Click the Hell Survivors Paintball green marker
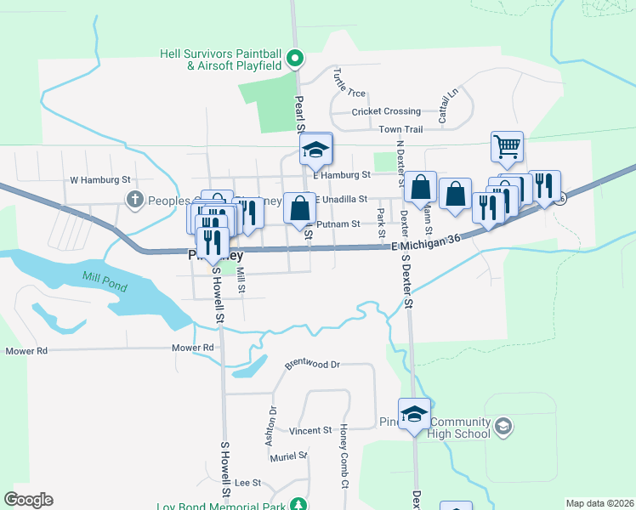tap(295, 59)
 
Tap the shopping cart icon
tap(507, 146)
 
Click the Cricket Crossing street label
tap(386, 111)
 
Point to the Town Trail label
tap(400, 129)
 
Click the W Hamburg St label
tap(99, 180)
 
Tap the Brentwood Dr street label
tap(312, 364)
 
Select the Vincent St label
tap(309, 431)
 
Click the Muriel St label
tap(288, 456)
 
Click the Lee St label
tap(247, 482)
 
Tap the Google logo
tap(28, 500)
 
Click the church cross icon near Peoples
tap(133, 200)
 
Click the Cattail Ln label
tap(447, 105)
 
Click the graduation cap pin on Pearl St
tap(315, 150)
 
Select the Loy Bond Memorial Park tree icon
tap(298, 505)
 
